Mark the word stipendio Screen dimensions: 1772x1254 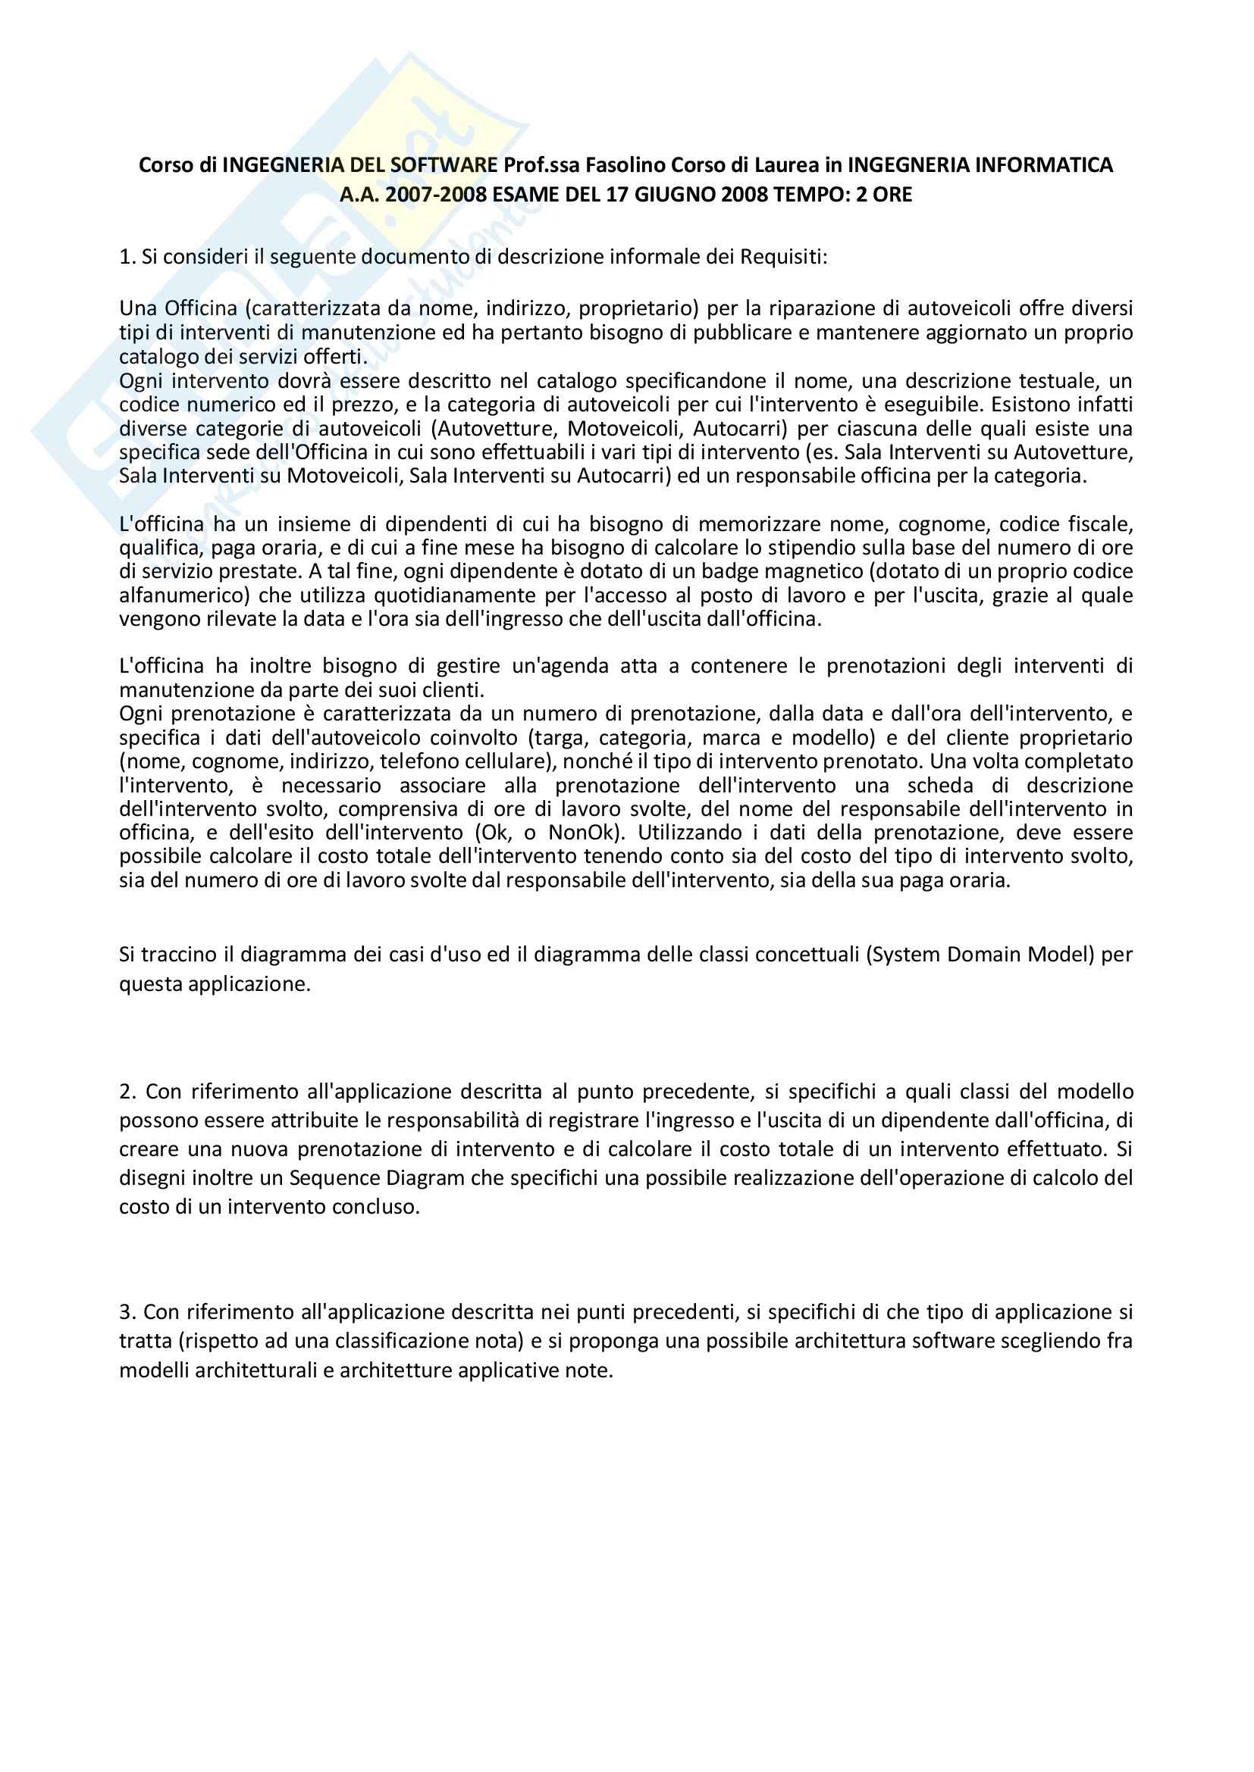(x=826, y=548)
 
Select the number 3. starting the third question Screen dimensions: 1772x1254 (x=127, y=1312)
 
